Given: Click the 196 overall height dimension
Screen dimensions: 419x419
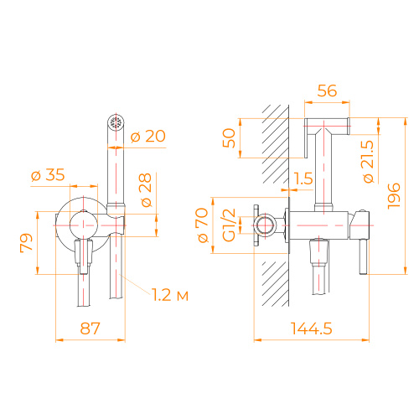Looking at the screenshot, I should tap(395, 197).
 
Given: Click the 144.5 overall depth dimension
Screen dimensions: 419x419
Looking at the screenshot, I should tap(312, 329).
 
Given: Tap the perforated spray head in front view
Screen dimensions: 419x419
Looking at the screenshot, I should tap(116, 123).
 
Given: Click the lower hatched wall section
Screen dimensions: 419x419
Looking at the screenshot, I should tap(272, 285).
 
